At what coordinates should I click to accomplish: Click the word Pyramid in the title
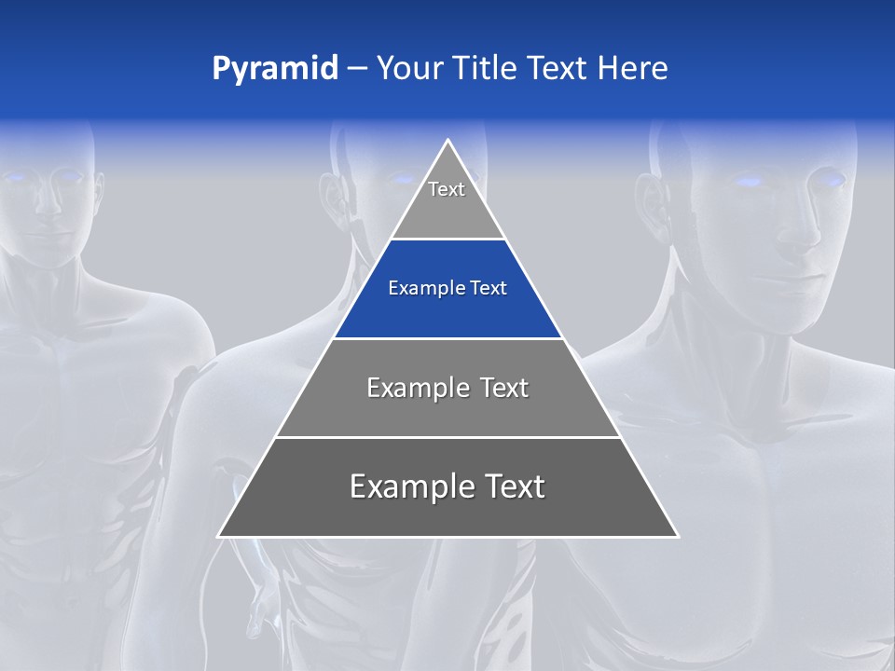[275, 69]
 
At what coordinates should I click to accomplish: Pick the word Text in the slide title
[561, 69]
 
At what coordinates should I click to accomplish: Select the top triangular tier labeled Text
[447, 200]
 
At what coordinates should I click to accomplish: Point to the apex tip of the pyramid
[448, 142]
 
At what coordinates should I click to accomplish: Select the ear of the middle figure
[334, 196]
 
